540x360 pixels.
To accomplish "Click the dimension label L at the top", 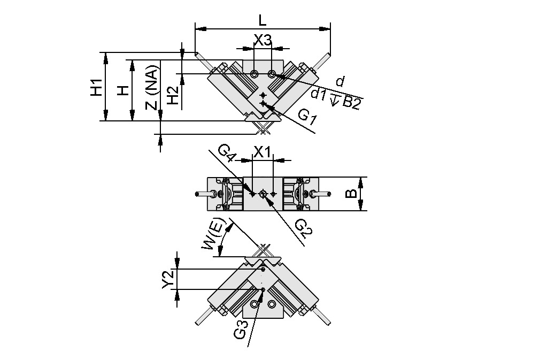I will [x=262, y=20].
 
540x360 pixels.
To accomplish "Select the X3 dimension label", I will [x=263, y=40].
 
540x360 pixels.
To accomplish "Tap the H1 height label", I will [x=96, y=87].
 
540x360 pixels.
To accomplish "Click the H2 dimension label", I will [x=172, y=96].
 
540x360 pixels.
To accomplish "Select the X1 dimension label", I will [x=263, y=152].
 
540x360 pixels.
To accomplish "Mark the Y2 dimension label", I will [x=168, y=280].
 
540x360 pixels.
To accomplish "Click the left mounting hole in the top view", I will [x=254, y=73].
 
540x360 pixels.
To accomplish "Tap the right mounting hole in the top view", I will [x=272, y=73].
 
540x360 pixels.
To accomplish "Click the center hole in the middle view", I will [x=263, y=194].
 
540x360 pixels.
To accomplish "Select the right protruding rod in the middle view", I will [x=320, y=194].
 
